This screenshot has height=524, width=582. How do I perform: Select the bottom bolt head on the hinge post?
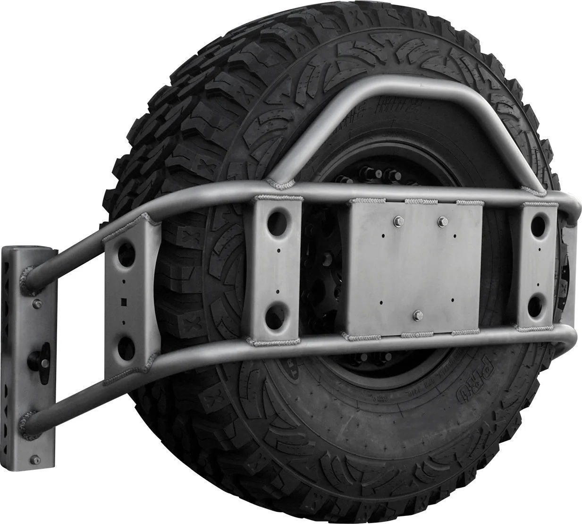pos(35,459)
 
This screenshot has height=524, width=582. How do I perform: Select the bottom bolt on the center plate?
pos(418,314)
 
